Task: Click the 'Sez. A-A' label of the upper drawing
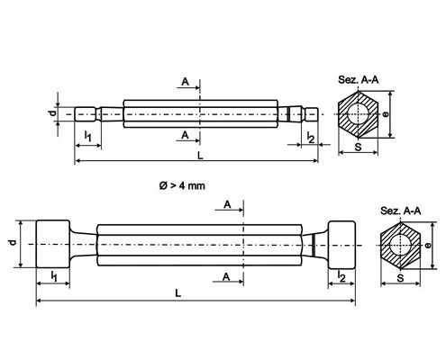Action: [x=358, y=80]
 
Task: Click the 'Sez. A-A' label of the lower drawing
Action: [x=401, y=211]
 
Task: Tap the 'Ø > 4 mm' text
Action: [x=182, y=185]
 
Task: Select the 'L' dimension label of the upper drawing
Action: [x=200, y=156]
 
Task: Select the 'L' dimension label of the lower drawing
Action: [x=178, y=293]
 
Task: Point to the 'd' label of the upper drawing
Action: [x=52, y=113]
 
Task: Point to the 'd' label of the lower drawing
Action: [x=13, y=242]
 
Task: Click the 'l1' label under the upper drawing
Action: [x=87, y=136]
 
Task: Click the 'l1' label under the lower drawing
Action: [x=54, y=276]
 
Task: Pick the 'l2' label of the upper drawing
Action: [x=311, y=138]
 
